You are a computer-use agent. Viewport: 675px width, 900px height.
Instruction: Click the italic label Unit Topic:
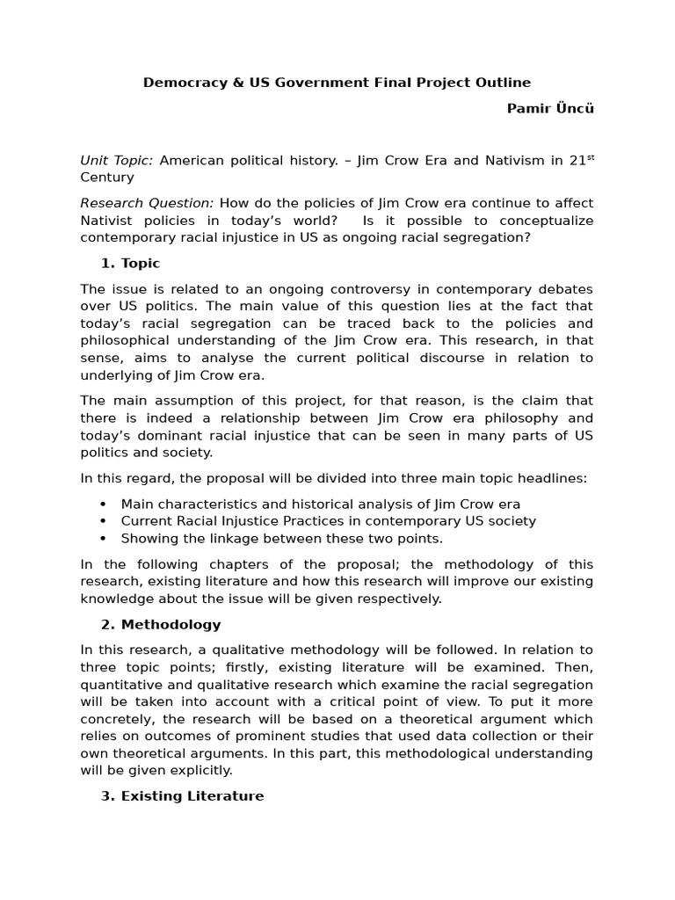point(117,160)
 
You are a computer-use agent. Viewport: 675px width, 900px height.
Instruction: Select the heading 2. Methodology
point(161,624)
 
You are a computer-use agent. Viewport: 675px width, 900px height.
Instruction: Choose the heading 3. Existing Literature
point(182,795)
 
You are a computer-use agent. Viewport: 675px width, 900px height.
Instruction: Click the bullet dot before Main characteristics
point(104,504)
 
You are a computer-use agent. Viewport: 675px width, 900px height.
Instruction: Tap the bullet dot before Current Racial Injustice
point(104,521)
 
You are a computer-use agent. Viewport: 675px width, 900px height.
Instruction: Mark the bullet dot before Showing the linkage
point(104,539)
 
